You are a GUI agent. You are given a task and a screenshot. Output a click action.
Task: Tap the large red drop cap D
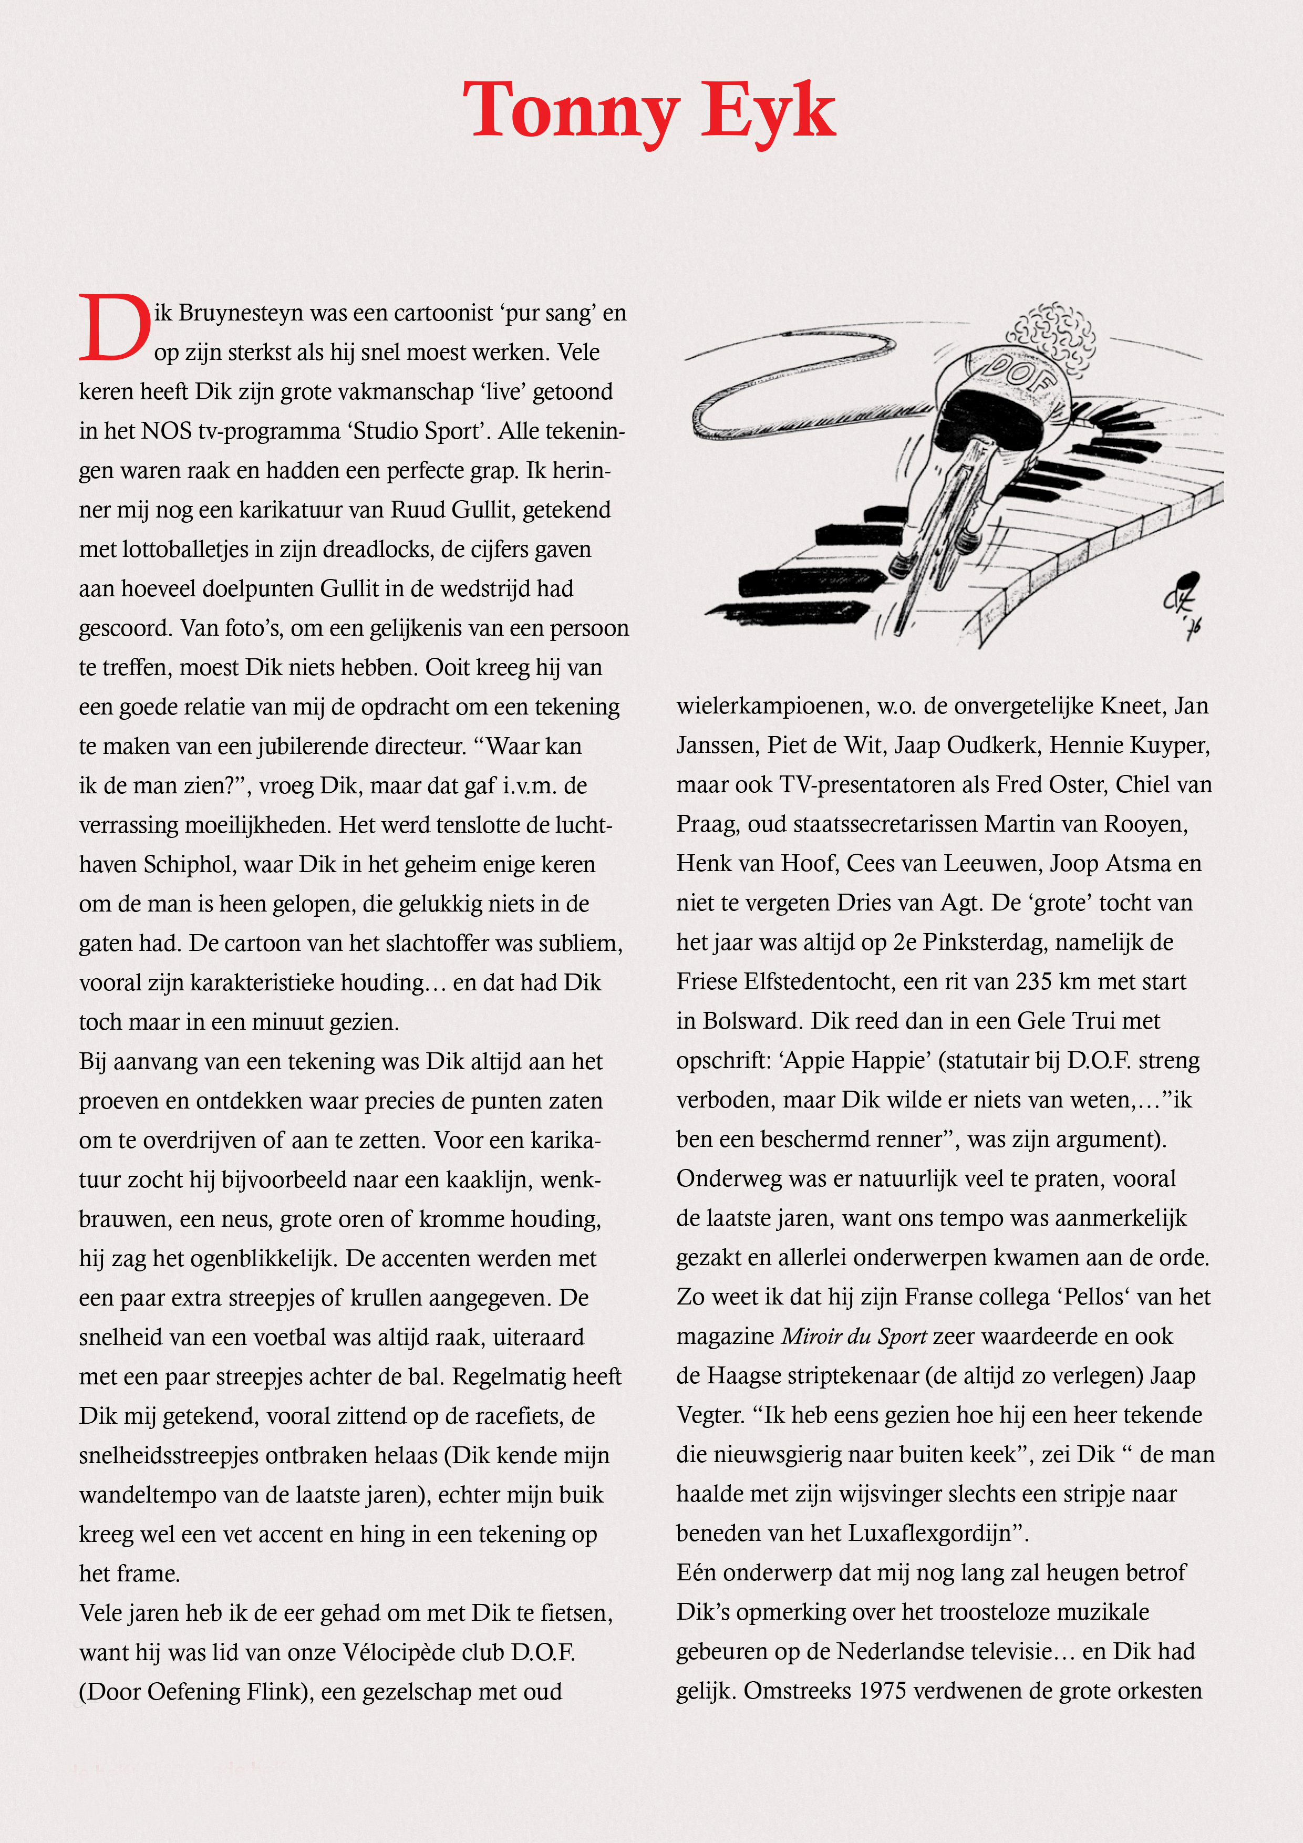115,327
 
